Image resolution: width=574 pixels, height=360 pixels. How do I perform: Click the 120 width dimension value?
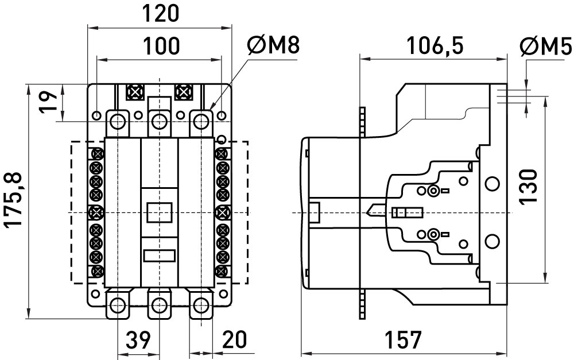pyautogui.click(x=160, y=14)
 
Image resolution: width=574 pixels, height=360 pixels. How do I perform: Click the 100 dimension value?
pyautogui.click(x=160, y=46)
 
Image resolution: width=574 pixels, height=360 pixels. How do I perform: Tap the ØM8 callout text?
pyautogui.click(x=273, y=45)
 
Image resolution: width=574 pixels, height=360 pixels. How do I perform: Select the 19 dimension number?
pyautogui.click(x=48, y=102)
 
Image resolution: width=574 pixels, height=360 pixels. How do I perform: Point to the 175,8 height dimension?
pyautogui.click(x=15, y=200)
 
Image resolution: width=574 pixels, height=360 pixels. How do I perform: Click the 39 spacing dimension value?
pyautogui.click(x=138, y=339)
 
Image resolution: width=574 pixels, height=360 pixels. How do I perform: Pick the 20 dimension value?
pyautogui.click(x=234, y=339)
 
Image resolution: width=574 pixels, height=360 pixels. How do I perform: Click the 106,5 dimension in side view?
pyautogui.click(x=435, y=45)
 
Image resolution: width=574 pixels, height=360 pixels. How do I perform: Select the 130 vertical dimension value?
pyautogui.click(x=528, y=187)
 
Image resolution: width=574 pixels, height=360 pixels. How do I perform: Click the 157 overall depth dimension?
pyautogui.click(x=403, y=339)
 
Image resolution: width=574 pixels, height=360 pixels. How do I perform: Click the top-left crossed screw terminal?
pyautogui.click(x=135, y=92)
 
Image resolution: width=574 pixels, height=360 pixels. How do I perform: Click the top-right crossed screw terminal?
pyautogui.click(x=184, y=92)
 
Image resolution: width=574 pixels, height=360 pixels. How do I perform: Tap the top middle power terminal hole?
pyautogui.click(x=159, y=121)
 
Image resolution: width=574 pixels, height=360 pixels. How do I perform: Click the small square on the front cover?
pyautogui.click(x=160, y=212)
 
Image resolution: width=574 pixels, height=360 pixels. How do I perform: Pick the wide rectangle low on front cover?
pyautogui.click(x=160, y=256)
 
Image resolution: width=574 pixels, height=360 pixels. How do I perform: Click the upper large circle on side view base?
pyautogui.click(x=492, y=184)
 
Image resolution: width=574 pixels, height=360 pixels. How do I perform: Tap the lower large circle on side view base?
pyautogui.click(x=492, y=241)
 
